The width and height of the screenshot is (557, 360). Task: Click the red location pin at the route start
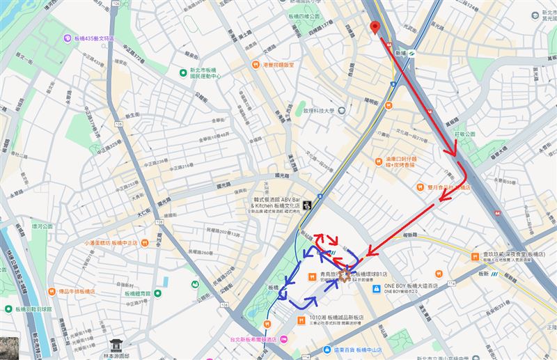375,27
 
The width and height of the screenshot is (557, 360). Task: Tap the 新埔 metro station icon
413,53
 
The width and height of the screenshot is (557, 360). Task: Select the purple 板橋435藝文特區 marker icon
68,38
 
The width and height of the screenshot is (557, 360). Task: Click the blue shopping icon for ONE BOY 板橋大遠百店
376,287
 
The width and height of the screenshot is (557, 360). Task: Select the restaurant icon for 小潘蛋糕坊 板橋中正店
144,243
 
